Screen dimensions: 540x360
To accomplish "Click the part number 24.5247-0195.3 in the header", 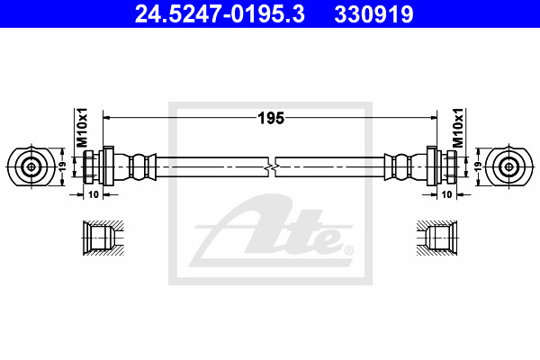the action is (220, 14).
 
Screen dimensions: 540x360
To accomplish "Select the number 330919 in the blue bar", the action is (373, 14).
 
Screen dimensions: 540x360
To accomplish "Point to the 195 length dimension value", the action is (271, 118).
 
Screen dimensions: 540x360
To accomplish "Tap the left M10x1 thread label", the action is (82, 128).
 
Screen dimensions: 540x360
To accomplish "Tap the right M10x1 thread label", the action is (458, 128).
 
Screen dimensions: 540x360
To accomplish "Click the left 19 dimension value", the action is (62, 166).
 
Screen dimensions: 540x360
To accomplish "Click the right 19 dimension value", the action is (478, 166).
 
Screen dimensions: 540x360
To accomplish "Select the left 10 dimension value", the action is (94, 194).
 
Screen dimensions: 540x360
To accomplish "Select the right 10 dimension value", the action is (446, 194).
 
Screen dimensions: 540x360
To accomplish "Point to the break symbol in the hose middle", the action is (272, 167).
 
